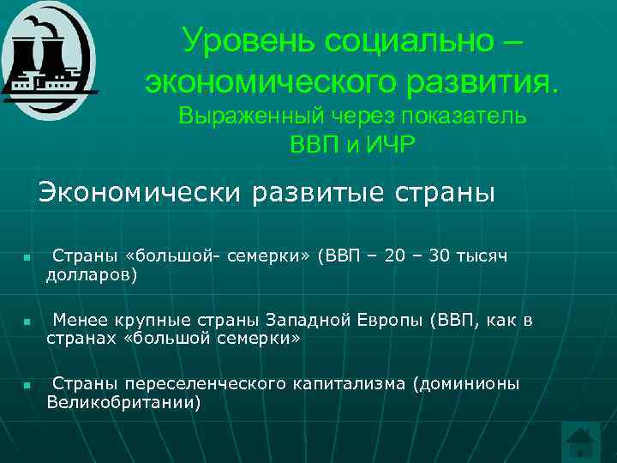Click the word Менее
click(x=77, y=321)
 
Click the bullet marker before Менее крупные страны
click(x=27, y=322)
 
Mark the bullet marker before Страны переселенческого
click(x=27, y=385)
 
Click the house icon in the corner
click(x=580, y=440)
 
